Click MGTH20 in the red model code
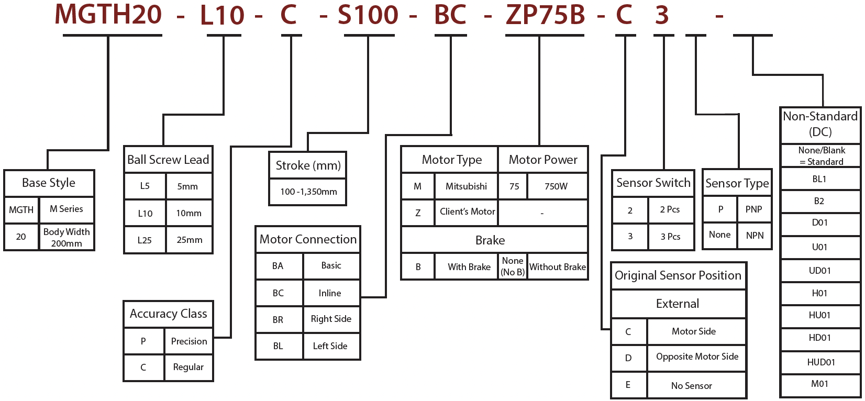coord(108,15)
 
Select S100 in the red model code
coord(368,15)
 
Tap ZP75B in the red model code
coord(545,15)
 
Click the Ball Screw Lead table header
coord(168,160)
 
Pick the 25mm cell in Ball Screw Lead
coord(190,240)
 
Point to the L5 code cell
coord(145,186)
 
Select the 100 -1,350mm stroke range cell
coord(308,192)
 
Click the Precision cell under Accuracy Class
coord(189,341)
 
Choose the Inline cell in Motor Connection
coord(330,293)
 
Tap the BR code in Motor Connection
coord(278,319)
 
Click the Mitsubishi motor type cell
coord(466,186)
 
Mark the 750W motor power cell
coord(556,186)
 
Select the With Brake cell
coord(469,267)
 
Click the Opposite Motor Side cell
coord(697,357)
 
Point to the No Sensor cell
coord(691,386)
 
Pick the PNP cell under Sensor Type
coord(753,209)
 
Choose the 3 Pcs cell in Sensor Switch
coord(670,237)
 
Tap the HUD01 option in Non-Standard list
coord(820,362)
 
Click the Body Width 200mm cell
coord(66,238)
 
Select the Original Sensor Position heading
coord(678,275)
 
